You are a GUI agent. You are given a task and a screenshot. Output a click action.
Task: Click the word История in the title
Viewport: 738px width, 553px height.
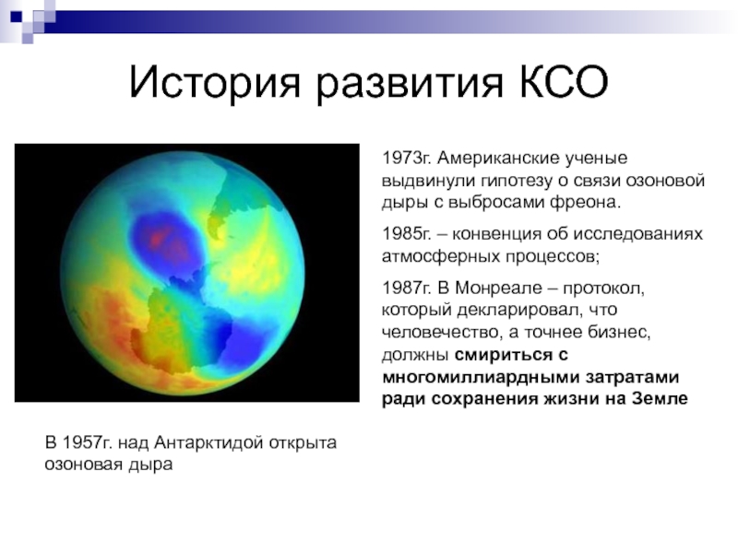point(214,82)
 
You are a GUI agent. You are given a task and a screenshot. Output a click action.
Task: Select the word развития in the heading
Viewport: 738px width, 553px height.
point(410,83)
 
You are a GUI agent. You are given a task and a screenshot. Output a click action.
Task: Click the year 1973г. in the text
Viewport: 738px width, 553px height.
point(406,159)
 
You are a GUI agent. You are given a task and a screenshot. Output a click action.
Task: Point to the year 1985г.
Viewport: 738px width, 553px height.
point(406,234)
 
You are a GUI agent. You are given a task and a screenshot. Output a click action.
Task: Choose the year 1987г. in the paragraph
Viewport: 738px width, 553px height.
point(406,288)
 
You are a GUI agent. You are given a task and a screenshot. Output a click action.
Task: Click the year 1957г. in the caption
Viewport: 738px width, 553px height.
point(87,442)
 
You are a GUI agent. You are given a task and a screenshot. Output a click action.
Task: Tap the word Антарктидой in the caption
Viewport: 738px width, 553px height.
point(208,443)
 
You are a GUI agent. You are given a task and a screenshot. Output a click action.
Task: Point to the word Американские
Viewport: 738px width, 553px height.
point(499,159)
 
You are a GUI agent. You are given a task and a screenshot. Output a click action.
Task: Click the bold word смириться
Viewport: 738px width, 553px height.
point(502,356)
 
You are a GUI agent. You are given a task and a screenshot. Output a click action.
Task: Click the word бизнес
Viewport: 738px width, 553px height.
point(619,332)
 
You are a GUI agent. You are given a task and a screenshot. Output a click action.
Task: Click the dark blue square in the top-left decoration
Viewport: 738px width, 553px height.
point(17,17)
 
